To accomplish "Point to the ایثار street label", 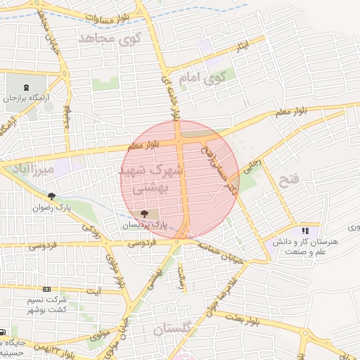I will pos(241,46).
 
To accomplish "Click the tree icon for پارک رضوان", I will pos(51,196).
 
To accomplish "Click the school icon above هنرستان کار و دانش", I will pos(305,230).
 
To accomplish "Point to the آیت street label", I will pos(94,290).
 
